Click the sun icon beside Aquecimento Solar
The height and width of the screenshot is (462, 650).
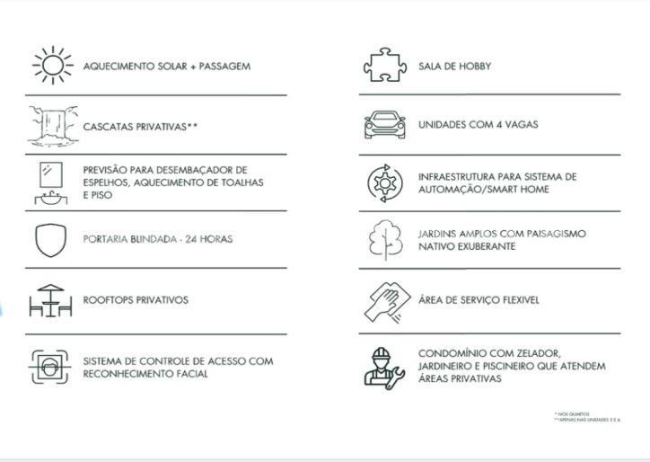[x=52, y=66]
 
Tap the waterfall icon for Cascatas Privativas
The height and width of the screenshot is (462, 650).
[x=51, y=126]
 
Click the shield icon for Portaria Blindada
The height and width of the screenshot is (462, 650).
[x=51, y=241]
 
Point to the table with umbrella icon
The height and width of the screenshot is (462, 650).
[x=50, y=300]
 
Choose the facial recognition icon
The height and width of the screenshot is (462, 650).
[x=50, y=366]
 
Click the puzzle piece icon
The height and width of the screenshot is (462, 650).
[x=384, y=66]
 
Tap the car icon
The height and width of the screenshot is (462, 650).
[x=384, y=125]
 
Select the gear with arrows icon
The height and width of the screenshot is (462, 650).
[x=384, y=183]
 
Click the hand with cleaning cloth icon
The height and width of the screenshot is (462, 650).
[x=384, y=300]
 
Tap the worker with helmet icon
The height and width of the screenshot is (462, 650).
[x=384, y=366]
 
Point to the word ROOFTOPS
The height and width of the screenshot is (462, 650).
[x=108, y=300]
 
